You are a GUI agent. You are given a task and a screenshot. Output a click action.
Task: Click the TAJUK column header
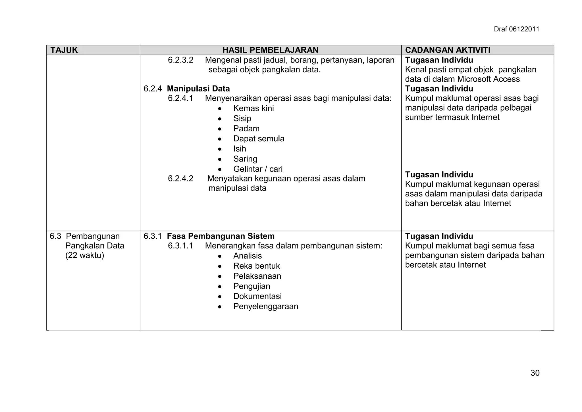64,50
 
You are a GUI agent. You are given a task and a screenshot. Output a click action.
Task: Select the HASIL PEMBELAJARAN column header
270,50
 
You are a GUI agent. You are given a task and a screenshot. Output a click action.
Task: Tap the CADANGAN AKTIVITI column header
448,50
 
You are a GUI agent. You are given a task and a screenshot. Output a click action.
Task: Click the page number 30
535,373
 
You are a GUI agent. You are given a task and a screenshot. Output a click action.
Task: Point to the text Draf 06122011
516,29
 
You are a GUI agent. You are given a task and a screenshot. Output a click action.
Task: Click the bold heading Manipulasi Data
198,89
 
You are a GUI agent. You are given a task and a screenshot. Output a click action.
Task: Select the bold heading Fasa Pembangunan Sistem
221,236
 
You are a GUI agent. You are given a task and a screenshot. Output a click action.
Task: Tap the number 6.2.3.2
180,60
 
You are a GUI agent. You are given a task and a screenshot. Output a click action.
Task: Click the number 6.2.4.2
180,179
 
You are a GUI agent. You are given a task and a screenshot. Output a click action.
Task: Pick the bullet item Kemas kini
253,108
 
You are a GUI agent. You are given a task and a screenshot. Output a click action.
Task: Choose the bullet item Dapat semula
259,139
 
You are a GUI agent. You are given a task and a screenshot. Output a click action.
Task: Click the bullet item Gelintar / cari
258,169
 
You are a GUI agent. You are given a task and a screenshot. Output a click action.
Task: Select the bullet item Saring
245,159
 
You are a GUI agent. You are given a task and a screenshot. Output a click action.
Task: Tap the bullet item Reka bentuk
256,266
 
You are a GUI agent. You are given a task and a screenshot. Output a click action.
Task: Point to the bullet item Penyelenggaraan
265,306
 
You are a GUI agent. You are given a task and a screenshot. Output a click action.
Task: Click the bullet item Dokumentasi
257,296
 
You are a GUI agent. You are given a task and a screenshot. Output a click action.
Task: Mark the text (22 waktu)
85,255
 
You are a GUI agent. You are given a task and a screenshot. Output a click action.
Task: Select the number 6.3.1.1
180,246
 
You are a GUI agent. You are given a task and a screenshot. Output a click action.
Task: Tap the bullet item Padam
246,129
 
